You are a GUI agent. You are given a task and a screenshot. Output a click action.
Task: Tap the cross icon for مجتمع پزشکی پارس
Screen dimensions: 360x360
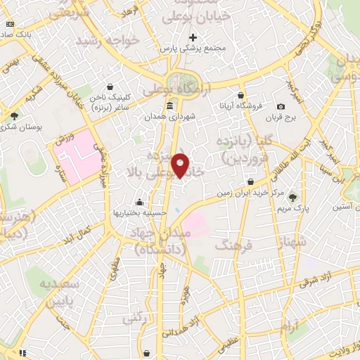pyautogui.click(x=193, y=37)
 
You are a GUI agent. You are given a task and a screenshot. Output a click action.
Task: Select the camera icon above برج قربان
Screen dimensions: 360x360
pyautogui.click(x=281, y=107)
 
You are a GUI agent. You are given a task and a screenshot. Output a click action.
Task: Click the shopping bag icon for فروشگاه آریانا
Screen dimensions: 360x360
pyautogui.click(x=241, y=95)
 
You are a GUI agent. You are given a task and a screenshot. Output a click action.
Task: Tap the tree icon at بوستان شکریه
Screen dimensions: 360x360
pyautogui.click(x=14, y=115)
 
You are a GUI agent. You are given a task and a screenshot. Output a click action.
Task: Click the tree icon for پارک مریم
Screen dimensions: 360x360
pyautogui.click(x=293, y=198)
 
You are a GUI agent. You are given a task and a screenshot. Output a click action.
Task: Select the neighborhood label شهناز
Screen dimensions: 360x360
pyautogui.click(x=292, y=243)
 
